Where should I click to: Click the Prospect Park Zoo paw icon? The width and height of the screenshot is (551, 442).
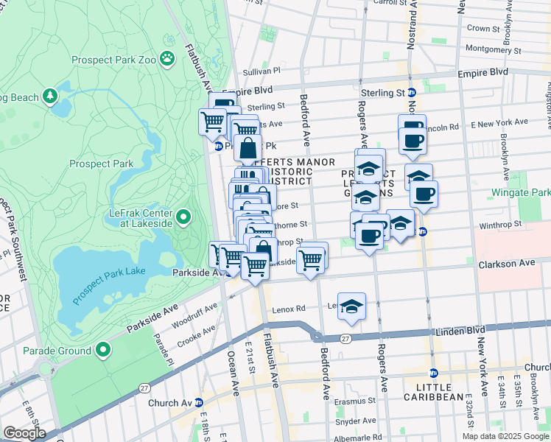(169, 57)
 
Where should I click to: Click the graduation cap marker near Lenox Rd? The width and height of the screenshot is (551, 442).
(352, 306)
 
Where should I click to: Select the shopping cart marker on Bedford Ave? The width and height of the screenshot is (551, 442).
(312, 259)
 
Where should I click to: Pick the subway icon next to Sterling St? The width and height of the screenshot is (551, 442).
(412, 93)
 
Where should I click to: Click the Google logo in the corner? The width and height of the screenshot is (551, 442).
(24, 433)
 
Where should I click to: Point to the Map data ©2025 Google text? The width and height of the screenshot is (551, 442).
(505, 436)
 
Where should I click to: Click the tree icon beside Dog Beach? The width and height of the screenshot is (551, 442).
(49, 96)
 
